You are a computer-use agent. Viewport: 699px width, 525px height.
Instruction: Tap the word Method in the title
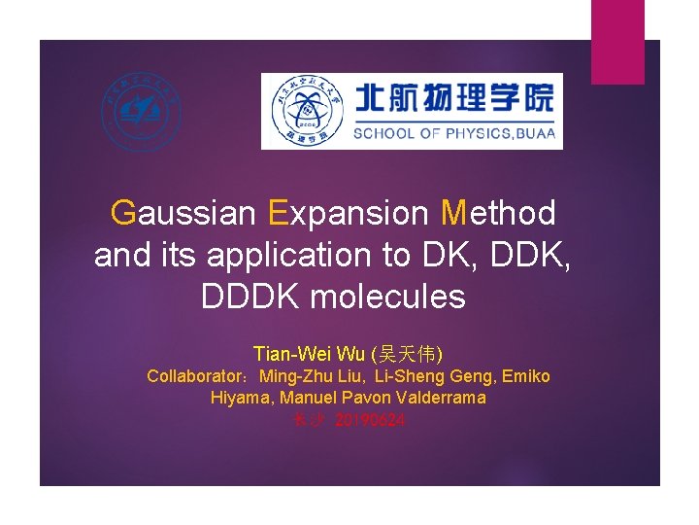(x=498, y=212)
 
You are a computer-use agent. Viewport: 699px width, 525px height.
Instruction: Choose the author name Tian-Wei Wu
(x=309, y=353)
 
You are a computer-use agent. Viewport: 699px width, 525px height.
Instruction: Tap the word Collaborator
(x=196, y=376)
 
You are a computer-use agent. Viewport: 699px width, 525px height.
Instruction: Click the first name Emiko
(x=526, y=376)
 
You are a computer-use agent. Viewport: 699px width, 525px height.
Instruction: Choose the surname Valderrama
(x=438, y=398)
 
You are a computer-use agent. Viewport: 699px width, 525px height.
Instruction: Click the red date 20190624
(x=370, y=420)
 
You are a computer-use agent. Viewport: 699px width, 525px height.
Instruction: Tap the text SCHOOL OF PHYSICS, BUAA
(x=453, y=133)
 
